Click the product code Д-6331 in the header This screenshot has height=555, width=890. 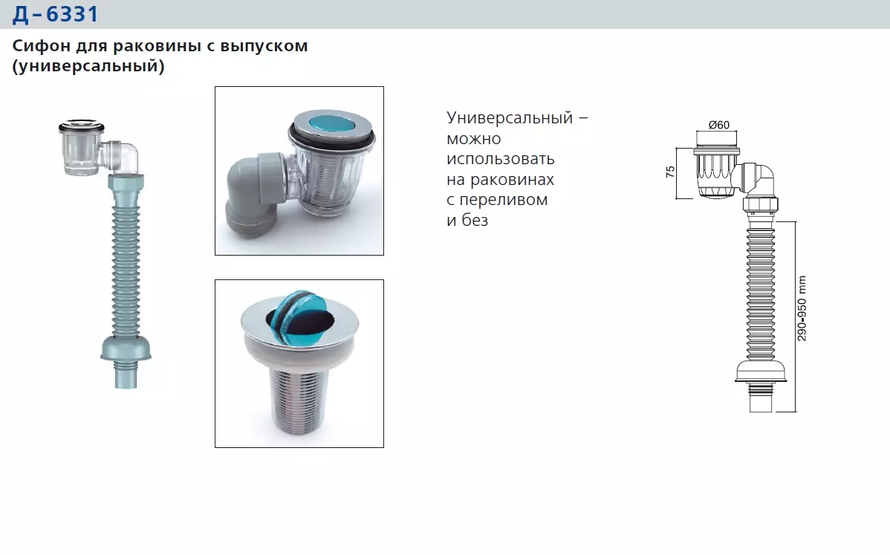(x=55, y=14)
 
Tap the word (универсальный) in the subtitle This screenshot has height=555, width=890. (x=88, y=67)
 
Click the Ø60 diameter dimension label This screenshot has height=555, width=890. (x=718, y=125)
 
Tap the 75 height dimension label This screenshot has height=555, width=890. (x=670, y=172)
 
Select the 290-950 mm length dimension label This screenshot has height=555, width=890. (x=802, y=308)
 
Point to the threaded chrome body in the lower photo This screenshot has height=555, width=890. (x=299, y=401)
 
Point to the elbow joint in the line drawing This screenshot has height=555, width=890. (x=759, y=178)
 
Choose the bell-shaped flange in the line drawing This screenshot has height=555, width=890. (x=761, y=371)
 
